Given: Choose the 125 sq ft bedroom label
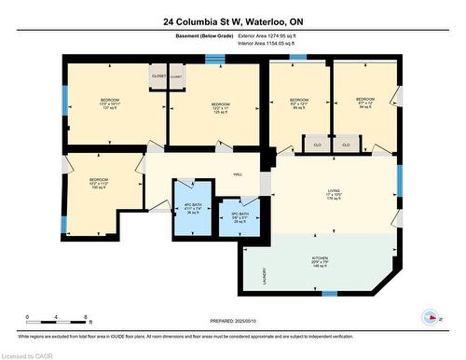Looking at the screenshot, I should tap(220, 108).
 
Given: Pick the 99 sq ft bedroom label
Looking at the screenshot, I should tap(298, 104).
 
